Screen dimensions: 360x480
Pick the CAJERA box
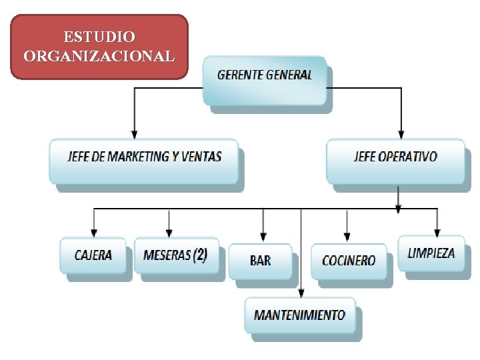click(x=93, y=255)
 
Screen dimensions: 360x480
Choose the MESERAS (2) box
click(x=175, y=255)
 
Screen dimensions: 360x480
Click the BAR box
click(x=260, y=260)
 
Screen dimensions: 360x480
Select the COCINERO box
click(x=348, y=261)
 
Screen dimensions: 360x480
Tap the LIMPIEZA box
click(x=431, y=253)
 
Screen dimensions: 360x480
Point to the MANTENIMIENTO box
click(x=299, y=315)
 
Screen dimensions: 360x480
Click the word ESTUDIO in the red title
click(x=99, y=36)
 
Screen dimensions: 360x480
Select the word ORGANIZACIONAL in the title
click(x=99, y=55)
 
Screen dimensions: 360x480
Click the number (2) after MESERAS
click(x=200, y=255)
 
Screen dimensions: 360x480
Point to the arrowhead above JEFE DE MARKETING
click(x=135, y=134)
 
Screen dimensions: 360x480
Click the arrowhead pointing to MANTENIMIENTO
click(x=301, y=294)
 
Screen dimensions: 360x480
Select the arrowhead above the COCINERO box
click(x=347, y=238)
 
